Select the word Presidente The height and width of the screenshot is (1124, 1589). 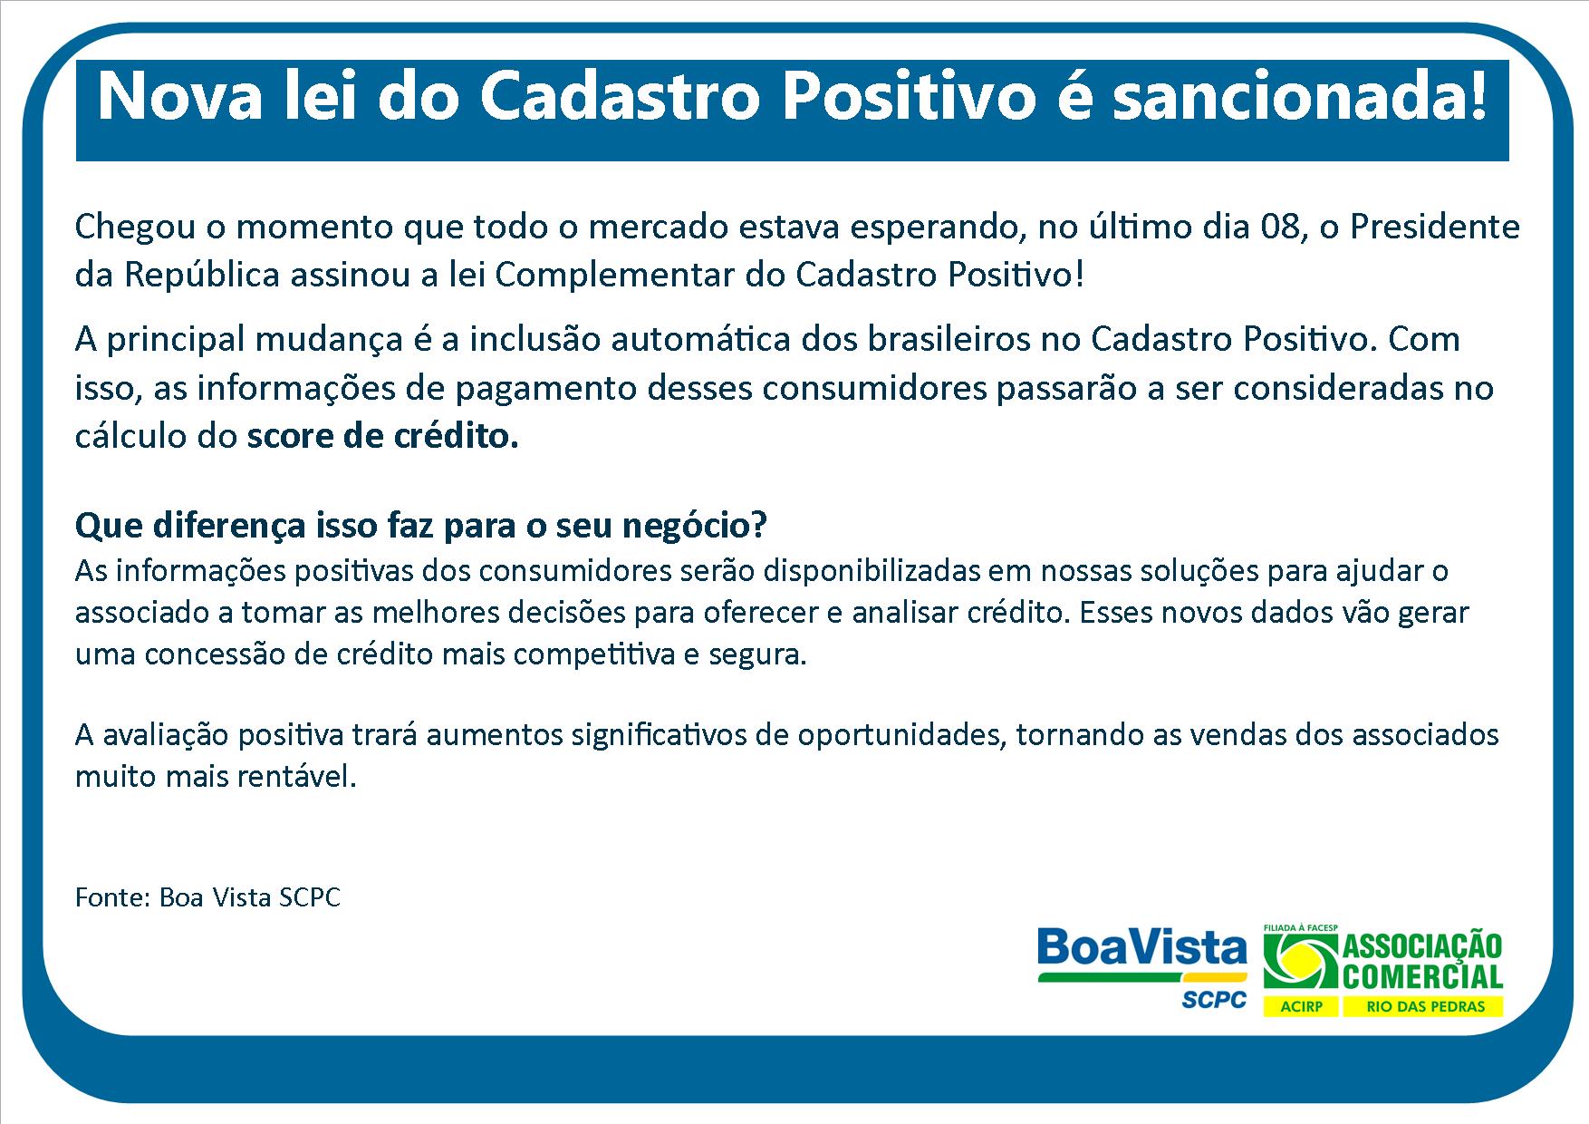[x=1435, y=227]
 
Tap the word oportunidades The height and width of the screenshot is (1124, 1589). [x=902, y=735]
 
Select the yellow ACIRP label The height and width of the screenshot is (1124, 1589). [x=1300, y=1007]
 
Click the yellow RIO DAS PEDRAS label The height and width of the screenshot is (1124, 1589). [x=1422, y=1007]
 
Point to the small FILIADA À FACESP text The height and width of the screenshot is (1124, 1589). [x=1300, y=928]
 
